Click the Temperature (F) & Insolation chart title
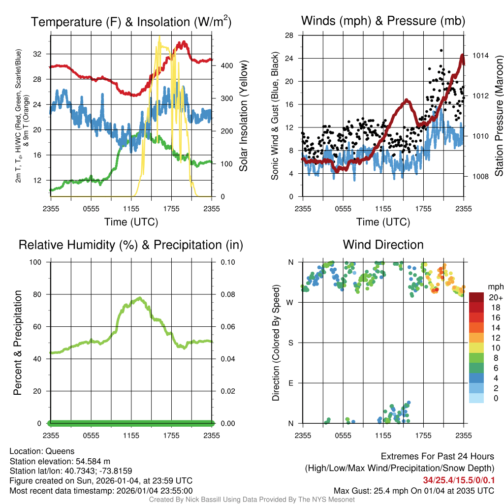[131, 22]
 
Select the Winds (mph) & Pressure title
[383, 21]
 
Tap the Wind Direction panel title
[383, 245]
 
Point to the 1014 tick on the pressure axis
[480, 55]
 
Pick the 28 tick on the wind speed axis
[289, 35]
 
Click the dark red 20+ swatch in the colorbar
[476, 297]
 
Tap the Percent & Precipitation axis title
[18, 343]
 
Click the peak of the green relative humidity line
[139, 298]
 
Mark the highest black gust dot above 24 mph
[441, 50]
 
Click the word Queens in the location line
[60, 451]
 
